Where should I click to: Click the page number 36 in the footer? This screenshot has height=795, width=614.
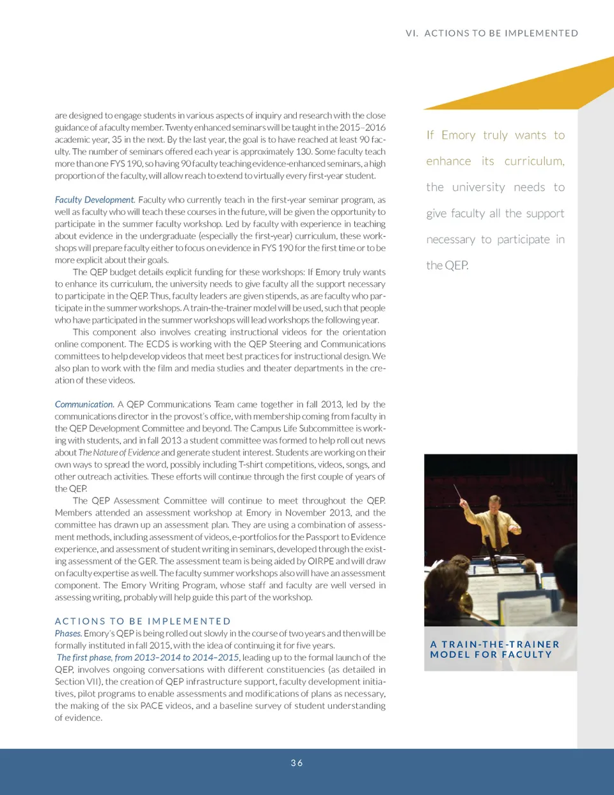(297, 763)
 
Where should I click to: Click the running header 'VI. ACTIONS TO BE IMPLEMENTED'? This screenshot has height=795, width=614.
(491, 33)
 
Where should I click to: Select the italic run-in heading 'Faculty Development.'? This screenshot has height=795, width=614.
(95, 200)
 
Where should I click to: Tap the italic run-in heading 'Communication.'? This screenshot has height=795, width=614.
(84, 405)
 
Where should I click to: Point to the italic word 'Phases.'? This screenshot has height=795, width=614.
(68, 633)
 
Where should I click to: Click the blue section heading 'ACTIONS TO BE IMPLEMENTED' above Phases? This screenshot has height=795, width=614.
(143, 621)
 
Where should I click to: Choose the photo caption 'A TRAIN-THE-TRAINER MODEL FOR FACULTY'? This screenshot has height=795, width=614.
(494, 649)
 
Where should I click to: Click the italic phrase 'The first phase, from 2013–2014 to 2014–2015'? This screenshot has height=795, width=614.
(148, 657)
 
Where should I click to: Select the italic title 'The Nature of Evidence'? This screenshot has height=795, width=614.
(119, 453)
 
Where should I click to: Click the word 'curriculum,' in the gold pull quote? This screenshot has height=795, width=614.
(534, 161)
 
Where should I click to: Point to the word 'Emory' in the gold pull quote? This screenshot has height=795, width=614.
(459, 135)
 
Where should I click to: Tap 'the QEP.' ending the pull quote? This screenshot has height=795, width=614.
(447, 265)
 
